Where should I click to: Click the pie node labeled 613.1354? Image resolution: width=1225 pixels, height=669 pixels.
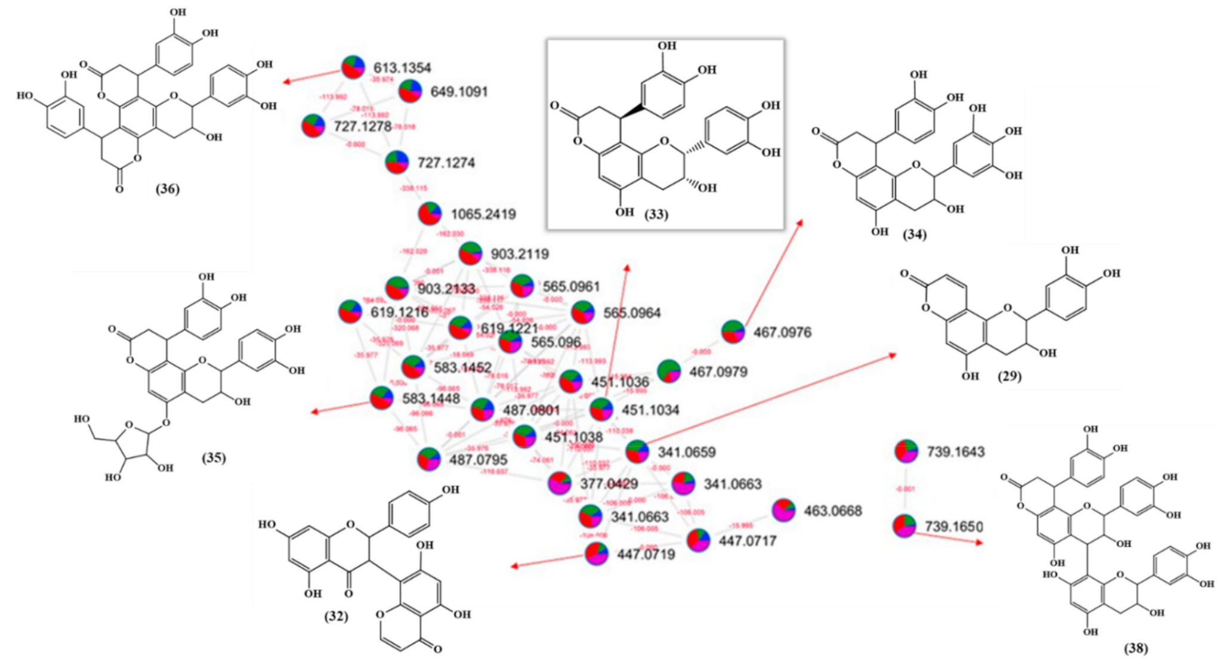353,67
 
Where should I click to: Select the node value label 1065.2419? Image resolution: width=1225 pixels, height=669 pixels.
483,214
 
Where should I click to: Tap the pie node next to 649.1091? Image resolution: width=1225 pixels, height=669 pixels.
410,91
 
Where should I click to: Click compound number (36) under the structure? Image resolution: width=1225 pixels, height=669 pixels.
167,189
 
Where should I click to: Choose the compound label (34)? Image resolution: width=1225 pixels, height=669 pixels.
914,234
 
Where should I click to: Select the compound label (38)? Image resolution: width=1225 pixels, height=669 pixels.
1135,648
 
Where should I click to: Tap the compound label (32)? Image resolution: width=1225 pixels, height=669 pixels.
336,616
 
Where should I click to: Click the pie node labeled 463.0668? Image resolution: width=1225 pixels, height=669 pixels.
783,510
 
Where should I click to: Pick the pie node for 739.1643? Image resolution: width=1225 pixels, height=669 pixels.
906,451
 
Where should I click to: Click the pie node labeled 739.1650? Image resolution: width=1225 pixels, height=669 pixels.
905,526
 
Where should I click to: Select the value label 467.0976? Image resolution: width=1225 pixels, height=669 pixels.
782,332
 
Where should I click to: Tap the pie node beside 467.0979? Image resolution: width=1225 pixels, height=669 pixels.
669,371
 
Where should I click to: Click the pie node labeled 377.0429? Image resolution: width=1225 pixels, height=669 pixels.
560,483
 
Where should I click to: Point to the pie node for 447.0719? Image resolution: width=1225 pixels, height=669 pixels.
597,554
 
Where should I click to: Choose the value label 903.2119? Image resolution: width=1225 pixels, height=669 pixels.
520,255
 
